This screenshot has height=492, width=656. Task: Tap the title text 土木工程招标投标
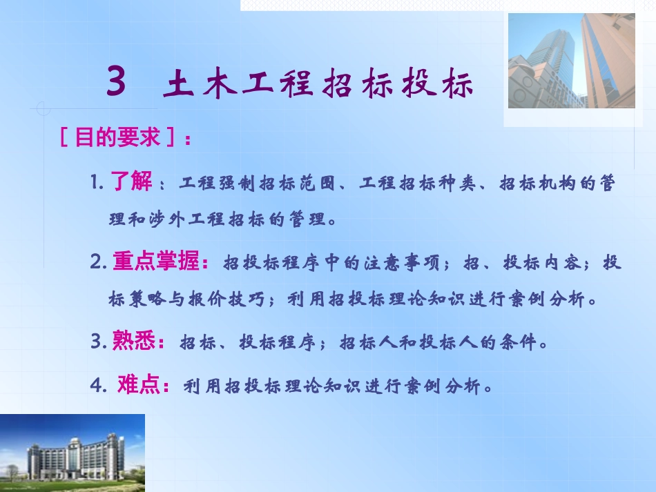(x=319, y=86)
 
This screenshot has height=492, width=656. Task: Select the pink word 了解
(x=131, y=183)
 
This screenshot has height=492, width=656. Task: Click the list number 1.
(x=95, y=184)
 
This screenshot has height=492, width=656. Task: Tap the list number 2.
(x=97, y=263)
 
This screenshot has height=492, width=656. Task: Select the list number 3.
(x=97, y=342)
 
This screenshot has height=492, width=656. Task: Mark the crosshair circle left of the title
(x=41, y=109)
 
